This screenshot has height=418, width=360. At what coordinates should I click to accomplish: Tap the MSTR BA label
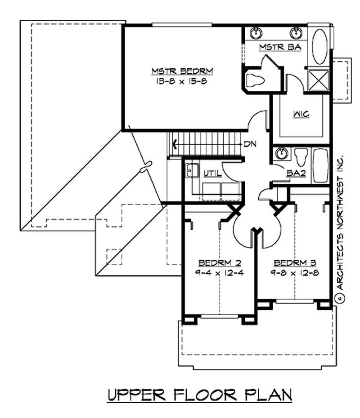pyautogui.click(x=274, y=47)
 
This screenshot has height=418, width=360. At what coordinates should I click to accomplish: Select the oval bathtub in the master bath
pyautogui.click(x=320, y=46)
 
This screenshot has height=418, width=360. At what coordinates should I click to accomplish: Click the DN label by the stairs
pyautogui.click(x=250, y=145)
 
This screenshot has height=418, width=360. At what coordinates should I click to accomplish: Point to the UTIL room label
pyautogui.click(x=211, y=173)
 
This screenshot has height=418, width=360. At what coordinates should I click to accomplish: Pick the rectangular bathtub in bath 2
pyautogui.click(x=320, y=165)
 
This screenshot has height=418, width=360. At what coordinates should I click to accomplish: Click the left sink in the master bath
pyautogui.click(x=256, y=32)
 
